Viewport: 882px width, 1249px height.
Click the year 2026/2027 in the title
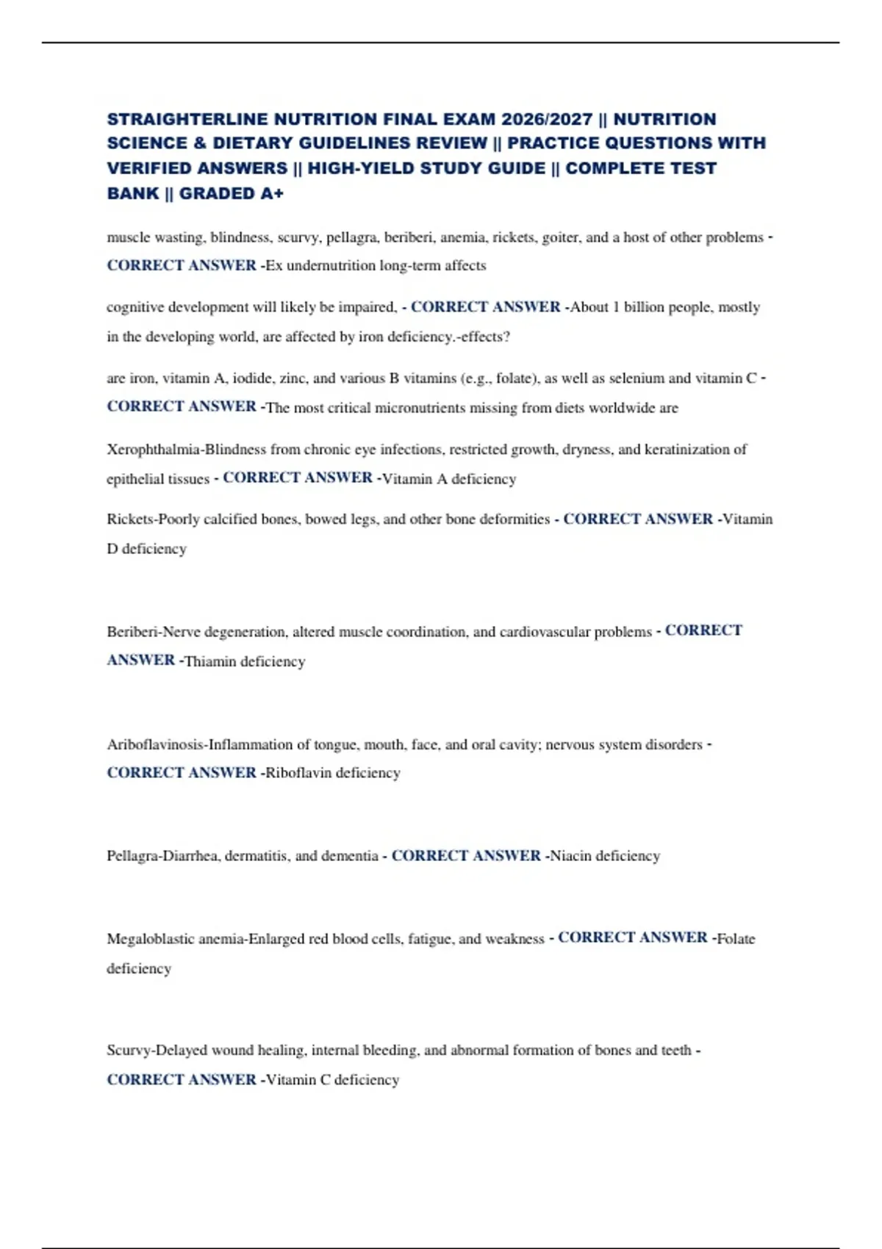[547, 119]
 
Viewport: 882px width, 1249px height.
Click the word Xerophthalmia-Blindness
[187, 449]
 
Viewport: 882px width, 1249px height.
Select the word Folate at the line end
[736, 938]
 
